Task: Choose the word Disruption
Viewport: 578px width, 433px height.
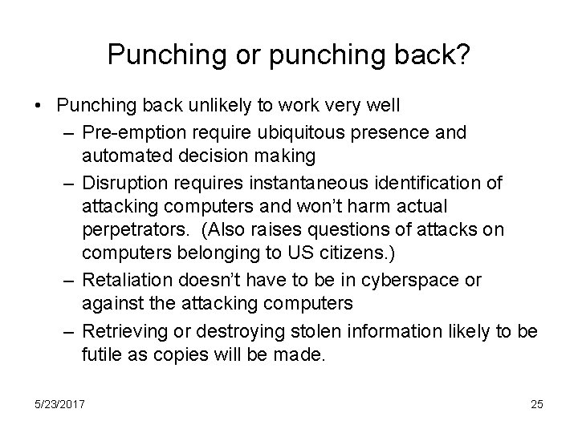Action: point(122,184)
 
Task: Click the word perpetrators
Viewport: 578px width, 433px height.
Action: point(127,230)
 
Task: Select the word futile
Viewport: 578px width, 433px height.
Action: point(100,356)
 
